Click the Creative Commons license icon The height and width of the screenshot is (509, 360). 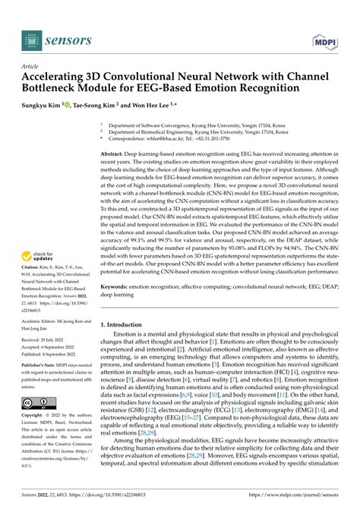click(37, 403)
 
